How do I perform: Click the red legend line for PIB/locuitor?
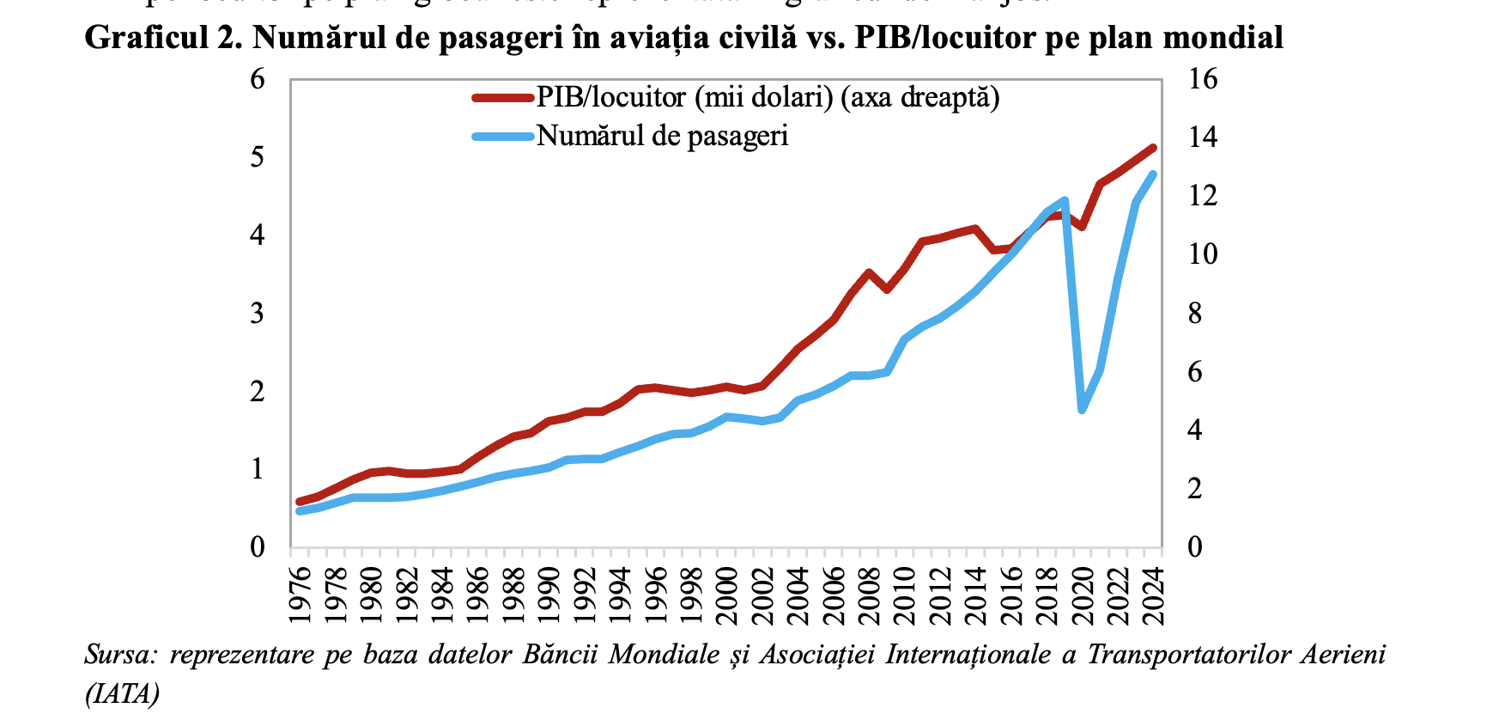pos(503,97)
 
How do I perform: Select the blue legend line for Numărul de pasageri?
pos(503,136)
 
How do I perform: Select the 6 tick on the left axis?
pos(258,79)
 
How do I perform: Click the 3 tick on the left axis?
pos(258,313)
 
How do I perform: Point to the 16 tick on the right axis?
pos(1202,79)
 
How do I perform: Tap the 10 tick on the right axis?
pos(1202,254)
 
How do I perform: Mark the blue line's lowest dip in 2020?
pos(1082,410)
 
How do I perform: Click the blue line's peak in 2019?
pos(1065,200)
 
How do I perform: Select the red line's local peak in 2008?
pos(869,272)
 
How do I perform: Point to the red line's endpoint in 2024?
pos(1153,148)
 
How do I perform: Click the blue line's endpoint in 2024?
pos(1153,174)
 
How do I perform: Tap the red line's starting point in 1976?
pos(300,502)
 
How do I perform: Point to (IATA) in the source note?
pos(122,693)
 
